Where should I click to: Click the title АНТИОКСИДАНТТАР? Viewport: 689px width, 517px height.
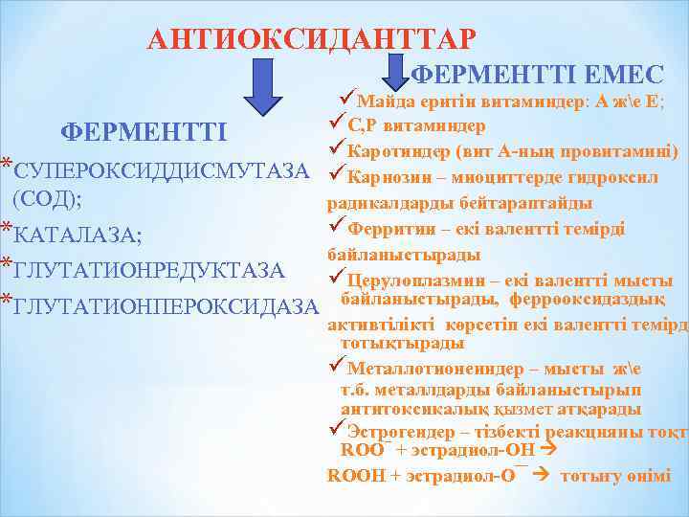pyautogui.click(x=310, y=39)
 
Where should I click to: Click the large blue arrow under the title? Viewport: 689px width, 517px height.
pyautogui.click(x=271, y=85)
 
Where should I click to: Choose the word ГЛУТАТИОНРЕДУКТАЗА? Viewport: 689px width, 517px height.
pyautogui.click(x=149, y=270)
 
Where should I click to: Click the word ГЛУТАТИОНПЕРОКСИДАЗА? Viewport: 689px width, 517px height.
pyautogui.click(x=167, y=305)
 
